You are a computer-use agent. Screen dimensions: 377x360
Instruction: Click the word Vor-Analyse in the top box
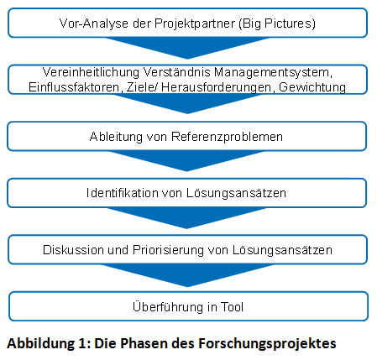[x=94, y=23]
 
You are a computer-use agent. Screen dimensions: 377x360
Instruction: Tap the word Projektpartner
[x=195, y=23]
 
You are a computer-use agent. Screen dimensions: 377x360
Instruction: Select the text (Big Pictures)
[x=277, y=23]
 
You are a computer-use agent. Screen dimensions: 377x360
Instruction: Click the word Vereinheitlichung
[x=91, y=72]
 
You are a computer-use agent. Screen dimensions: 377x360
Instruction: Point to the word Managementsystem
[x=273, y=72]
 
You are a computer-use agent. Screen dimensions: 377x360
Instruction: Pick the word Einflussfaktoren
[x=75, y=87]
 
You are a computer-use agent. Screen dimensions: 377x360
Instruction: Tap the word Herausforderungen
[x=216, y=87]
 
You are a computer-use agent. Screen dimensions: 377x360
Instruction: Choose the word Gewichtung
[x=312, y=87]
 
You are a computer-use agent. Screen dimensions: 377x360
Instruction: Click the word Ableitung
[x=116, y=137]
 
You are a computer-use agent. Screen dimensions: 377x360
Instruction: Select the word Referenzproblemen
[x=227, y=137]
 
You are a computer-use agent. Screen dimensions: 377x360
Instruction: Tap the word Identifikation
[x=123, y=193]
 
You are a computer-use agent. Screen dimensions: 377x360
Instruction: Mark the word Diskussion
[x=73, y=250]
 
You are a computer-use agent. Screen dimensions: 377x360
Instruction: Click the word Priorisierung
[x=168, y=250]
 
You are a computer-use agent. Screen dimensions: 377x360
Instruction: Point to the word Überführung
[x=168, y=306]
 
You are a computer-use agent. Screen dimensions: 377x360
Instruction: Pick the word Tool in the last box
[x=232, y=307]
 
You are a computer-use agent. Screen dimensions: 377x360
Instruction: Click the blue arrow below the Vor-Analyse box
[x=187, y=46]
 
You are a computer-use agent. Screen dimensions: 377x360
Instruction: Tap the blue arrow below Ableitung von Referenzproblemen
[x=187, y=159]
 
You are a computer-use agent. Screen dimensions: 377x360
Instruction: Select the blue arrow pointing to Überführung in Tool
[x=187, y=274]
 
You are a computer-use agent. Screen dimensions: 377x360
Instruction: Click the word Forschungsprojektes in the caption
[x=267, y=343]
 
